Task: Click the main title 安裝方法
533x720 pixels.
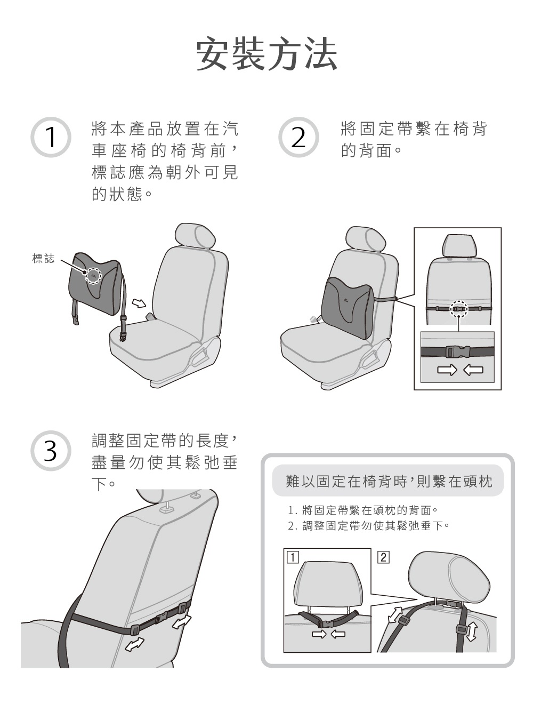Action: click(x=266, y=54)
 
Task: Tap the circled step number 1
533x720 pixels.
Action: click(x=51, y=137)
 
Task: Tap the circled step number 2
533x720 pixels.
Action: click(x=298, y=137)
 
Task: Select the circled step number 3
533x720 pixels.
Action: click(x=51, y=451)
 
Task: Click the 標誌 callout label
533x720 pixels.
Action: click(x=43, y=259)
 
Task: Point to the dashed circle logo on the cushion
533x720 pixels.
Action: click(x=94, y=275)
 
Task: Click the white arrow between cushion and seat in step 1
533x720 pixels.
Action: click(x=139, y=303)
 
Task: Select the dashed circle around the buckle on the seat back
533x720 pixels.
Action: click(x=458, y=308)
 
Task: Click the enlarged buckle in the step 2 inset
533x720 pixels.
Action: click(x=457, y=351)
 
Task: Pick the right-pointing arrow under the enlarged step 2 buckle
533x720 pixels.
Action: click(x=447, y=370)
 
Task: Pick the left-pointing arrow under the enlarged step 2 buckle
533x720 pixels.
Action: click(x=473, y=370)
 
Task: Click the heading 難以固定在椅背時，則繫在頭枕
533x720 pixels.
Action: click(x=388, y=481)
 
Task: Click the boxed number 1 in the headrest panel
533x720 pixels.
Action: click(x=292, y=557)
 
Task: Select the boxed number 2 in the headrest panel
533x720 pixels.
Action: click(x=383, y=557)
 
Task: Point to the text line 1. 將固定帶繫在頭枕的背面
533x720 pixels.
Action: click(x=362, y=510)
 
